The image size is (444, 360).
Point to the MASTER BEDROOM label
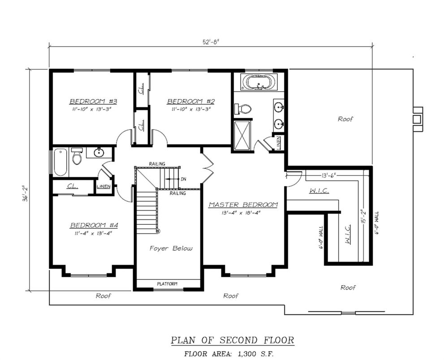coord(243,205)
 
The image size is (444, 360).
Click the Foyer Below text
coord(171,248)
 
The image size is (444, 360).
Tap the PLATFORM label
coord(168,284)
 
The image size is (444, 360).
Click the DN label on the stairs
coord(183,179)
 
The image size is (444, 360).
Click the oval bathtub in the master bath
coord(259,82)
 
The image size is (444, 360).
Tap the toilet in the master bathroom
coord(244,108)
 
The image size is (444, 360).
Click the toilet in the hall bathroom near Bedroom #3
coord(77,156)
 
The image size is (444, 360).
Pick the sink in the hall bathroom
coord(99,153)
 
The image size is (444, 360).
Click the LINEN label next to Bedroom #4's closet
coord(103,186)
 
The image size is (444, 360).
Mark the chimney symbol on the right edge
coord(417,119)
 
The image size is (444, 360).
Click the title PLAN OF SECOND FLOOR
coord(233,340)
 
